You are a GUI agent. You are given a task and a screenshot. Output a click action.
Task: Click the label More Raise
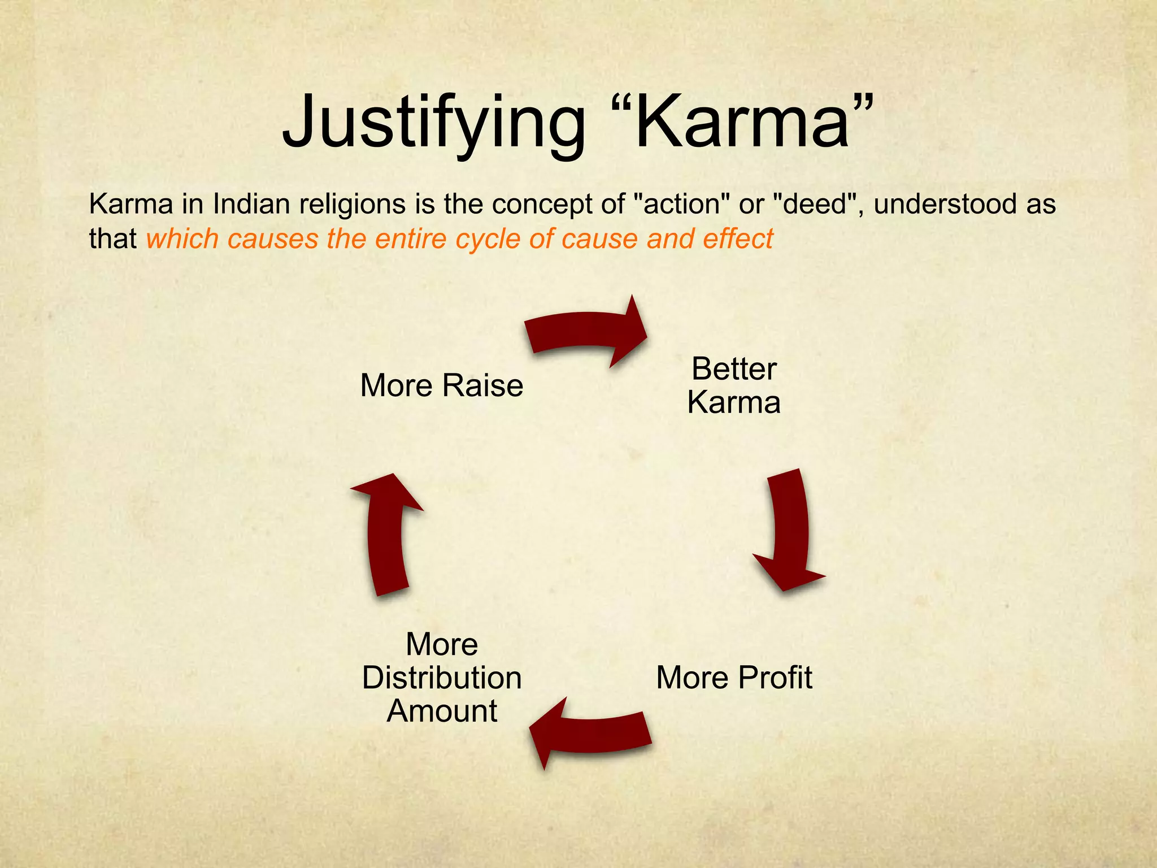[x=442, y=385]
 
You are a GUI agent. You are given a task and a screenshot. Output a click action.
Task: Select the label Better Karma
[x=734, y=385]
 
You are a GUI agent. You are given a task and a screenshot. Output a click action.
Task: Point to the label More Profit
[x=734, y=677]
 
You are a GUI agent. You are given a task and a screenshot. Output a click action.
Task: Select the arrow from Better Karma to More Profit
[x=789, y=531]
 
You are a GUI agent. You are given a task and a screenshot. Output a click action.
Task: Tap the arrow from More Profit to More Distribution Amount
[x=590, y=732]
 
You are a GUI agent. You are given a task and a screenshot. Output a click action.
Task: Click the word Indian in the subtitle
[x=252, y=204]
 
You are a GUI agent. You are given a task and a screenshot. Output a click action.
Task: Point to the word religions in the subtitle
[x=352, y=204]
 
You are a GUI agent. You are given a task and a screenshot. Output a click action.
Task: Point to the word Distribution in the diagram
[x=442, y=678]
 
